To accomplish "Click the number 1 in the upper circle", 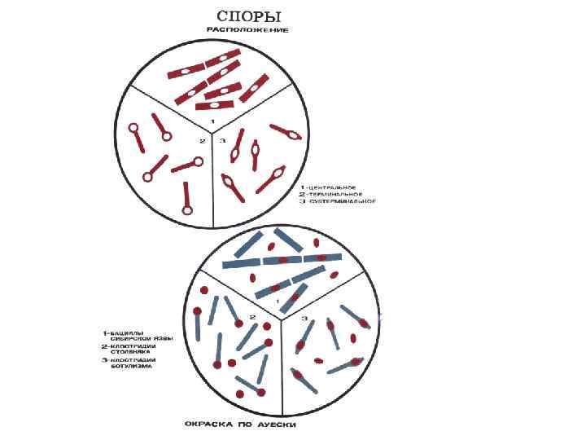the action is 212,121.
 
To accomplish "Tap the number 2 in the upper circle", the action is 200,141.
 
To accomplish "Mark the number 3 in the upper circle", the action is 222,140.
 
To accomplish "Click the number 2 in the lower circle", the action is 253,317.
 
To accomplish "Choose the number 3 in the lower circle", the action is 304,317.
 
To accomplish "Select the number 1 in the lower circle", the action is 279,301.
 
